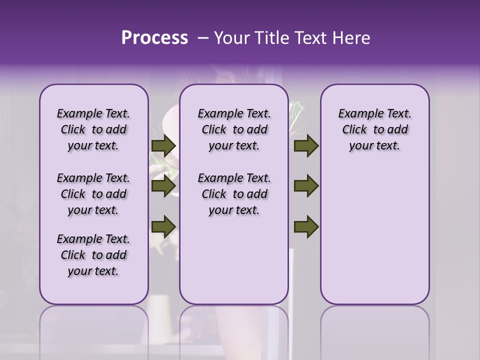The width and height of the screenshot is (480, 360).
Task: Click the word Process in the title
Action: tap(154, 38)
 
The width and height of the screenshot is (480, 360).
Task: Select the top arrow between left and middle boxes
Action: tap(163, 146)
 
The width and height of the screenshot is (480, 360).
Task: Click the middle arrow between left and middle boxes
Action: tap(163, 186)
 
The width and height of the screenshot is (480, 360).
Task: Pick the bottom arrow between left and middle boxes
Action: tap(163, 226)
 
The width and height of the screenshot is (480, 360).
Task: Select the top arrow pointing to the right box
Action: tap(306, 146)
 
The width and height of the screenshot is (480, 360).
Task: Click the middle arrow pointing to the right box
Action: tap(306, 186)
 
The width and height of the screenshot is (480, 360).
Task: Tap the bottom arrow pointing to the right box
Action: tap(306, 226)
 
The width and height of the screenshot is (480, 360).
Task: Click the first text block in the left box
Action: tap(93, 129)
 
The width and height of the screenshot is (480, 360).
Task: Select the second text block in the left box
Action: tap(93, 194)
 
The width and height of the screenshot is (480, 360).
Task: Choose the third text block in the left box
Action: tap(93, 255)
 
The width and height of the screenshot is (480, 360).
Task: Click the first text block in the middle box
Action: tap(234, 129)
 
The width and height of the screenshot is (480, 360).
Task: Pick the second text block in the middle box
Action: tap(234, 194)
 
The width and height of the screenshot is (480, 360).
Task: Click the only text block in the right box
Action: tap(374, 129)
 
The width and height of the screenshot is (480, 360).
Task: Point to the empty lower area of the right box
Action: tap(374, 235)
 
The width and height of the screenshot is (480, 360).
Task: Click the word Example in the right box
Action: tap(357, 113)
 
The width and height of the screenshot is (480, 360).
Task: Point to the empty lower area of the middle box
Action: tap(234, 265)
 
